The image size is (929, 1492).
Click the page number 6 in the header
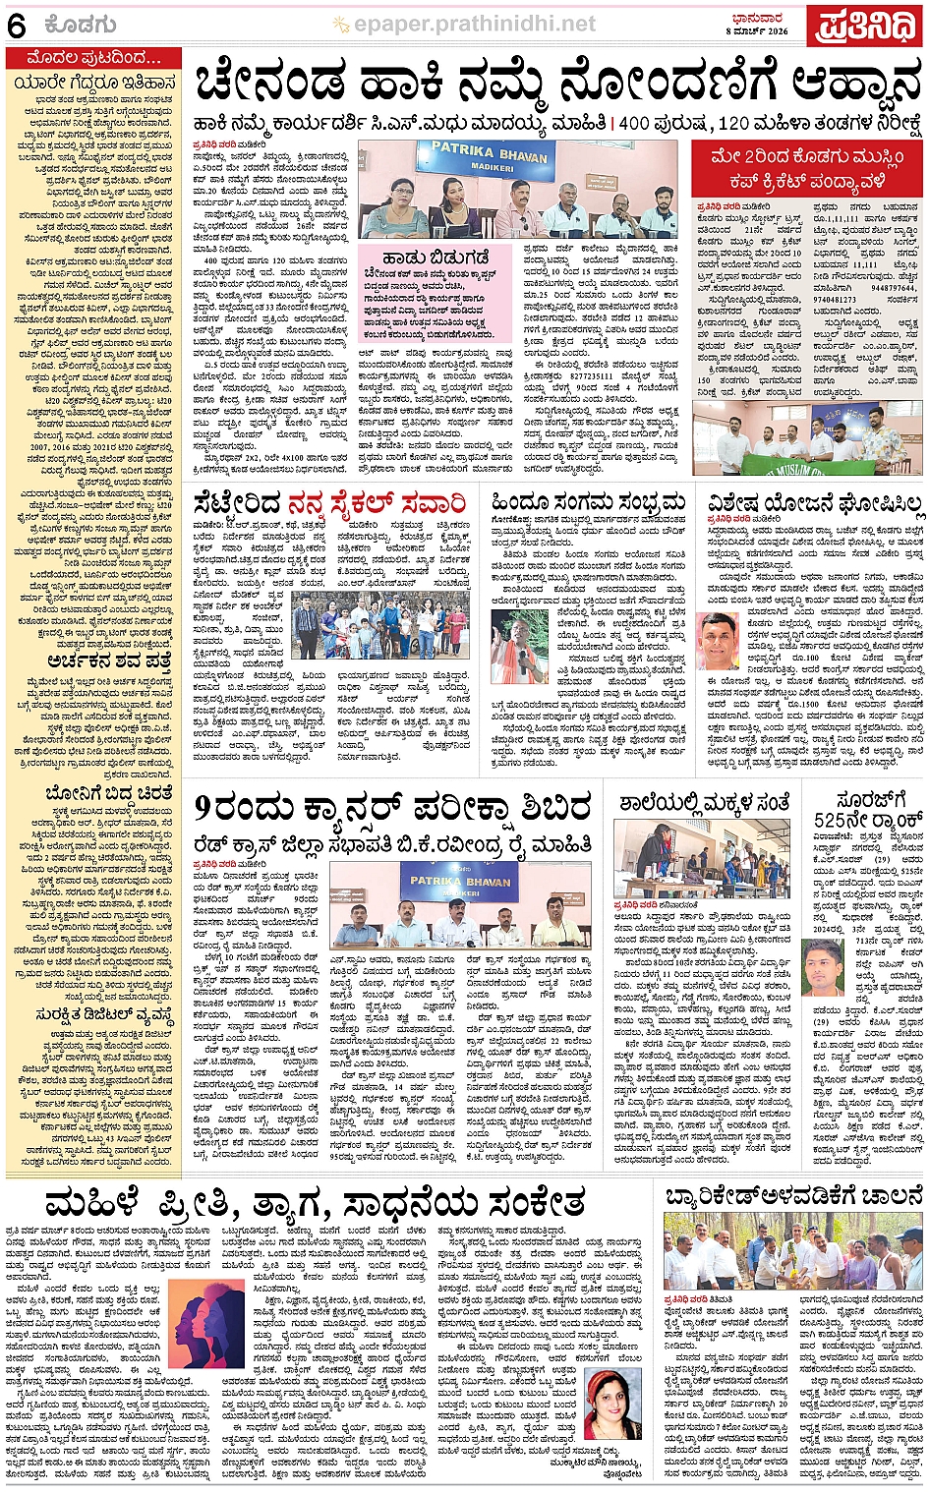(17, 27)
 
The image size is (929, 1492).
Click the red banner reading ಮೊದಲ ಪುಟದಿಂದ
(94, 58)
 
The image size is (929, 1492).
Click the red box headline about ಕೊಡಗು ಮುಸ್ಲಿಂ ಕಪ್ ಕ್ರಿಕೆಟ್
(807, 169)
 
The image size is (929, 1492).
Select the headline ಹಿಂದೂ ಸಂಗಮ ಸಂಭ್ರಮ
(588, 503)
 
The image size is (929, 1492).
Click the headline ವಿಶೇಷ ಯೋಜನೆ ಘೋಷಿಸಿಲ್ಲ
(814, 504)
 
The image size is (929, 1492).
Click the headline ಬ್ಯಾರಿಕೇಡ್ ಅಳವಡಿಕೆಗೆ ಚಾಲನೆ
(793, 1196)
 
